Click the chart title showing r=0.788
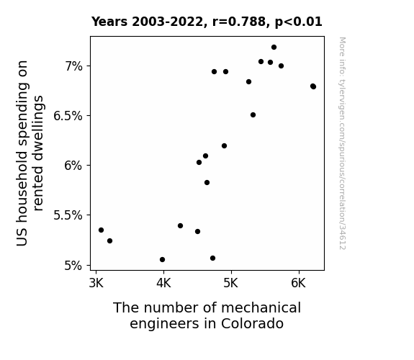(207, 22)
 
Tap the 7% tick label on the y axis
(74, 66)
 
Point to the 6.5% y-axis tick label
(68, 116)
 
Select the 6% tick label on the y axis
(73, 166)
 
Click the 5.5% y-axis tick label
(68, 215)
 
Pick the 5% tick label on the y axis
(73, 265)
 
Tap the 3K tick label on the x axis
(96, 283)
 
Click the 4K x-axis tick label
(163, 283)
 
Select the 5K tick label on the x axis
(231, 283)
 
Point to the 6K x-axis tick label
(299, 283)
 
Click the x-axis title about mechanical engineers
(207, 315)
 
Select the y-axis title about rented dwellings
(30, 153)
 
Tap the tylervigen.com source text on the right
(342, 143)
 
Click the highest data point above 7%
(274, 48)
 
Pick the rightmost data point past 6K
(313, 86)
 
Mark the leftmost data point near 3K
(101, 230)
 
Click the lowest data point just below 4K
(163, 260)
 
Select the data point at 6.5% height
(253, 115)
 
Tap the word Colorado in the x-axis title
(252, 323)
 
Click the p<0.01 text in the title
(299, 22)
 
